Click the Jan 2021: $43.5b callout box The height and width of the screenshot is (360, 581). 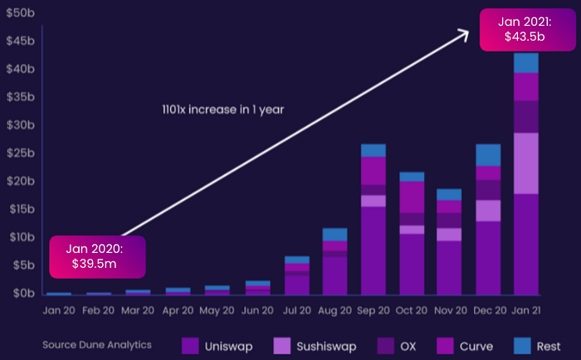(x=528, y=30)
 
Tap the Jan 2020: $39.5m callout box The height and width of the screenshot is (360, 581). (x=97, y=256)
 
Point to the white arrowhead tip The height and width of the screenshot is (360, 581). (x=469, y=32)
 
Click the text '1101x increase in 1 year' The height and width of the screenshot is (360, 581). (x=223, y=109)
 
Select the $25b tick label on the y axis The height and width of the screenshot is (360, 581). (x=21, y=153)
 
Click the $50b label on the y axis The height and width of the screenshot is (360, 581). (x=21, y=13)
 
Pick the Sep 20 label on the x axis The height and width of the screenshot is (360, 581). (x=373, y=310)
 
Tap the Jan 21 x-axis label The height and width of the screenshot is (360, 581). (x=526, y=310)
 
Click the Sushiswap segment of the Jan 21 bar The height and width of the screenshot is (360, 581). (x=526, y=163)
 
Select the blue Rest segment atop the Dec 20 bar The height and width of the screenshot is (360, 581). (x=488, y=155)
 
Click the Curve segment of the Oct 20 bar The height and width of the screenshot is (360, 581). (x=412, y=197)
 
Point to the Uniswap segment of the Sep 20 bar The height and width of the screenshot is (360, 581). (x=373, y=251)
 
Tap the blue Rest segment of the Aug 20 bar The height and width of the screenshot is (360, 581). (x=335, y=235)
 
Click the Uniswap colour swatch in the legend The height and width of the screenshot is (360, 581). (x=190, y=346)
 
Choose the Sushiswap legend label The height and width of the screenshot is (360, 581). (x=326, y=347)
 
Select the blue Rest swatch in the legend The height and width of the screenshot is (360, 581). (x=522, y=346)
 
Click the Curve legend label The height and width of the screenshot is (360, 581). (x=476, y=347)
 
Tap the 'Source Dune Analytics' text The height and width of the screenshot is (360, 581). (x=97, y=345)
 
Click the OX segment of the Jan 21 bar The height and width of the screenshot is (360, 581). (x=526, y=117)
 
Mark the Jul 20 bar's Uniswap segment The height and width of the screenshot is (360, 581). (x=297, y=285)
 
